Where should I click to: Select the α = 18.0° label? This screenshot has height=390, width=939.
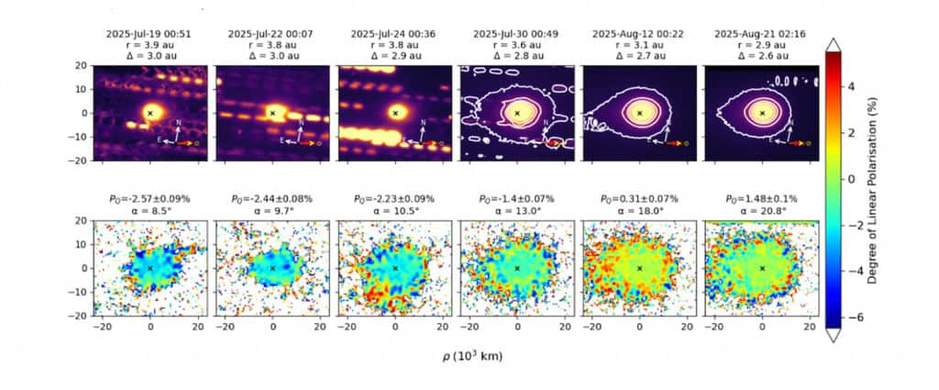pyautogui.click(x=639, y=210)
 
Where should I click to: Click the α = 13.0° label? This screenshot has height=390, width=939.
pyautogui.click(x=517, y=210)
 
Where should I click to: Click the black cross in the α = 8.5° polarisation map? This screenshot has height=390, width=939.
pyautogui.click(x=150, y=268)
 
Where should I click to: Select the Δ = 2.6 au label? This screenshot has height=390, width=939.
pyautogui.click(x=762, y=56)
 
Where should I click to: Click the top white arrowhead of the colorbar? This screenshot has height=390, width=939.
pyautogui.click(x=834, y=45)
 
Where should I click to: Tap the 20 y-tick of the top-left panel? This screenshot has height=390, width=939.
pyautogui.click(x=81, y=66)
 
